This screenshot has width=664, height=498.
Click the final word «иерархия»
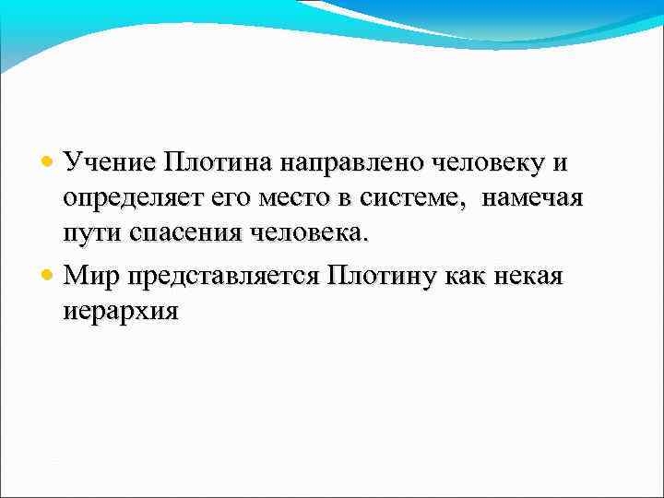pos(121,312)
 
